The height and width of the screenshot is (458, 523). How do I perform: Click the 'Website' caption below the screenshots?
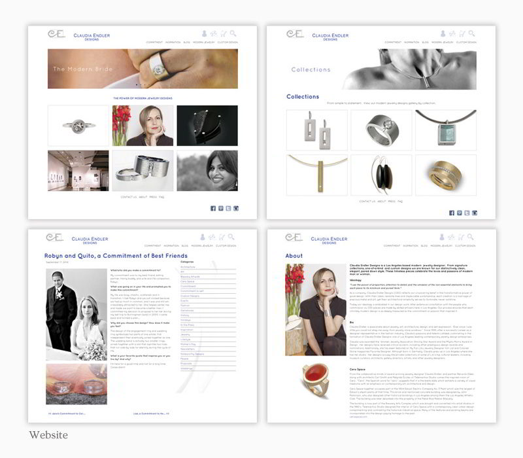click(48, 434)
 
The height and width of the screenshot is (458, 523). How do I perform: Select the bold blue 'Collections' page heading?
click(303, 97)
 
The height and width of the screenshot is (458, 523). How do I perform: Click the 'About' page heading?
click(294, 256)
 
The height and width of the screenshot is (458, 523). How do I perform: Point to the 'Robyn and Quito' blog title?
click(116, 256)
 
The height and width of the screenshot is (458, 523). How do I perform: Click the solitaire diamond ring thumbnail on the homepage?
click(78, 126)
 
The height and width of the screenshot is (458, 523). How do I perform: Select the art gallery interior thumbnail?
click(78, 171)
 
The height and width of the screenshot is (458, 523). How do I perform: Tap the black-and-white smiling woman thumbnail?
click(207, 171)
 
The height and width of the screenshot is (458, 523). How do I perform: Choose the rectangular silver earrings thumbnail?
click(316, 130)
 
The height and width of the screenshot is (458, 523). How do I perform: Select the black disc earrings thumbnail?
click(381, 175)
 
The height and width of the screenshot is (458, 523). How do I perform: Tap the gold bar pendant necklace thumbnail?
click(316, 175)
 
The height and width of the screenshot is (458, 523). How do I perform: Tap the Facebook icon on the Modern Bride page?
click(213, 208)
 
